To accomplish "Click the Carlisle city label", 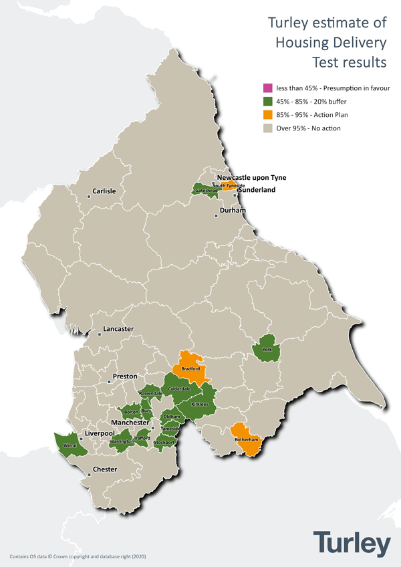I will pyautogui.click(x=104, y=191).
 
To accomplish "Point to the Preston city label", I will pyautogui.click(x=125, y=376).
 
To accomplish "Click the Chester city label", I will pyautogui.click(x=104, y=469).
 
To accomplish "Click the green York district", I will pyautogui.click(x=267, y=349).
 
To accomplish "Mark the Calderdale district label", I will pyautogui.click(x=179, y=388).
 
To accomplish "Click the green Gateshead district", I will pyautogui.click(x=205, y=191).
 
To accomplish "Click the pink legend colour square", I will pyautogui.click(x=267, y=88).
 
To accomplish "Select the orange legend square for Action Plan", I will pyautogui.click(x=267, y=115).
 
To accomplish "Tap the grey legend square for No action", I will pyautogui.click(x=267, y=128).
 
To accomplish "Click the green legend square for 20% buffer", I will pyautogui.click(x=267, y=102).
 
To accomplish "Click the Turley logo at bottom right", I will pyautogui.click(x=352, y=544).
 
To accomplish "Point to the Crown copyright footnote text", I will pyautogui.click(x=78, y=556).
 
